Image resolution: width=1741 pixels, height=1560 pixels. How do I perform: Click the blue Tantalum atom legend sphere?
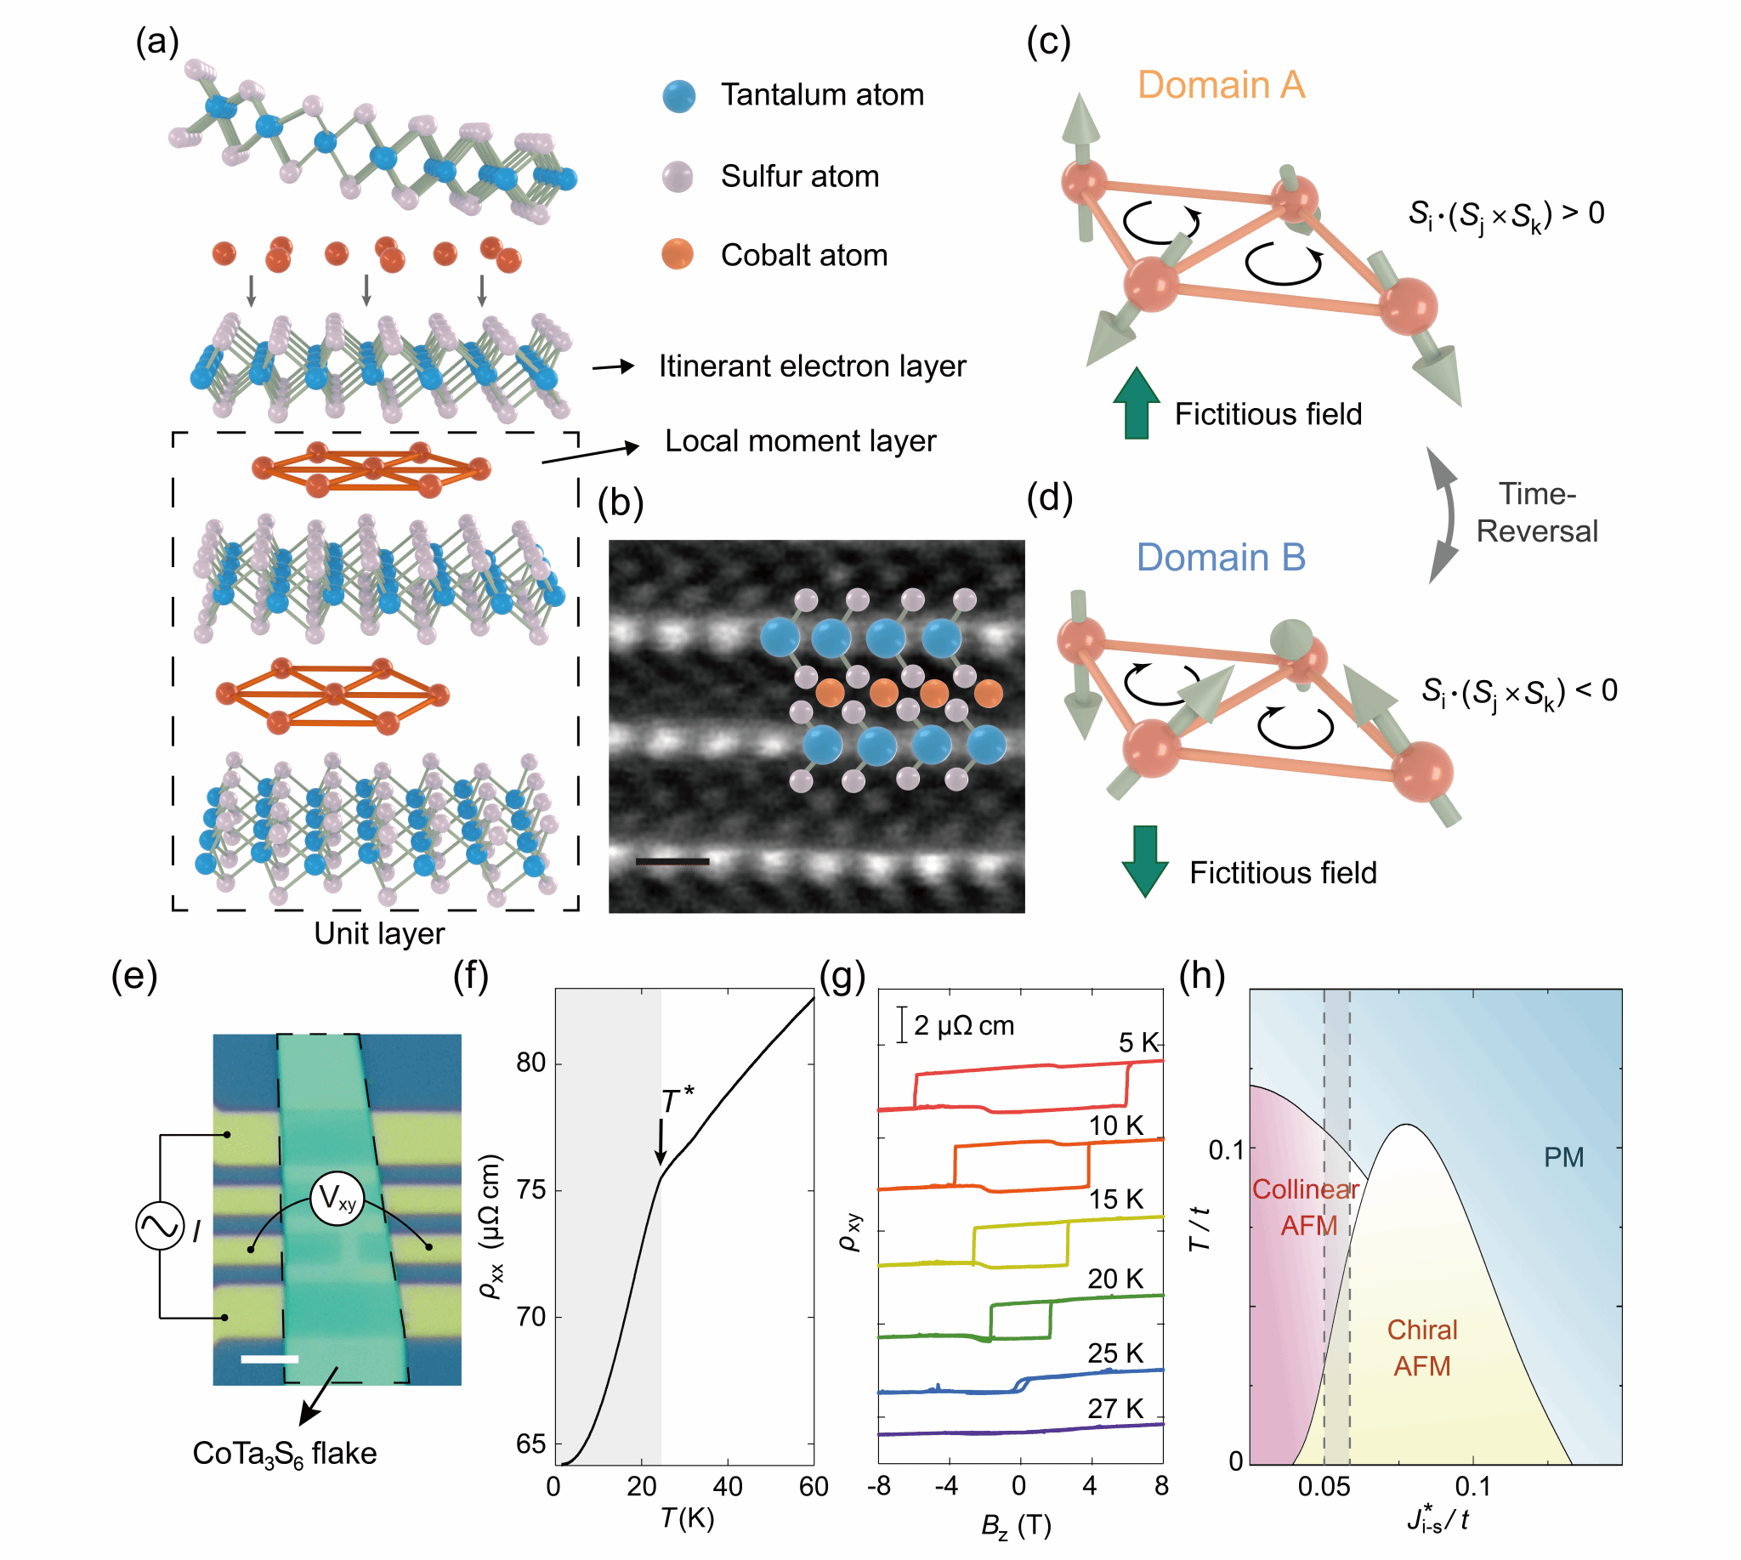(x=678, y=96)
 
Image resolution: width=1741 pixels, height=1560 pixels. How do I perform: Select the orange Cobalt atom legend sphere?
(x=678, y=254)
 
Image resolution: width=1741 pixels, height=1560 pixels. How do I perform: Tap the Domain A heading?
(x=1220, y=86)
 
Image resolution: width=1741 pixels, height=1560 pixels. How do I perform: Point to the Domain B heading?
(x=1220, y=558)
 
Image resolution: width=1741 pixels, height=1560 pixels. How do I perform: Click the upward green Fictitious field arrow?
(x=1136, y=404)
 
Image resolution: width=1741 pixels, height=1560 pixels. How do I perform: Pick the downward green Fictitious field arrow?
(x=1144, y=859)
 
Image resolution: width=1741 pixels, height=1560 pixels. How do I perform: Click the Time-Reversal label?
(x=1536, y=513)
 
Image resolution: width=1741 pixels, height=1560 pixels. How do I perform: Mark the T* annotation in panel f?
(x=677, y=1100)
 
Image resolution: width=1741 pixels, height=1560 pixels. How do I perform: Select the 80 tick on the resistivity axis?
(x=530, y=1063)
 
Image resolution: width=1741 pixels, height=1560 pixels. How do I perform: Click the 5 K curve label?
(x=1137, y=1042)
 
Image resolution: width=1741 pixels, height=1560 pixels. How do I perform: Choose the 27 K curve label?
(x=1115, y=1409)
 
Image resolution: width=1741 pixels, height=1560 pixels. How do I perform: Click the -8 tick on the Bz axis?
(x=879, y=1485)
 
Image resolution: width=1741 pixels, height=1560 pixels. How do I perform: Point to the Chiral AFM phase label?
(x=1422, y=1347)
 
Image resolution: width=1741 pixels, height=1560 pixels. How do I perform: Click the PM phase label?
(x=1562, y=1157)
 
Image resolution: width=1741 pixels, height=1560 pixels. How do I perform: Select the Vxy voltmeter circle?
(x=337, y=1199)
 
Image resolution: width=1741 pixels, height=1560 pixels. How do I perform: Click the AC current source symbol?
(x=161, y=1226)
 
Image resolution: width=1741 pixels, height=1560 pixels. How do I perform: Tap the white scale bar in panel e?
(x=270, y=1359)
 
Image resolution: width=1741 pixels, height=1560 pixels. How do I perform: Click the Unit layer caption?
(x=379, y=933)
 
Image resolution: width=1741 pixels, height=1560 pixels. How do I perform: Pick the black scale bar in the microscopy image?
(x=672, y=860)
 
